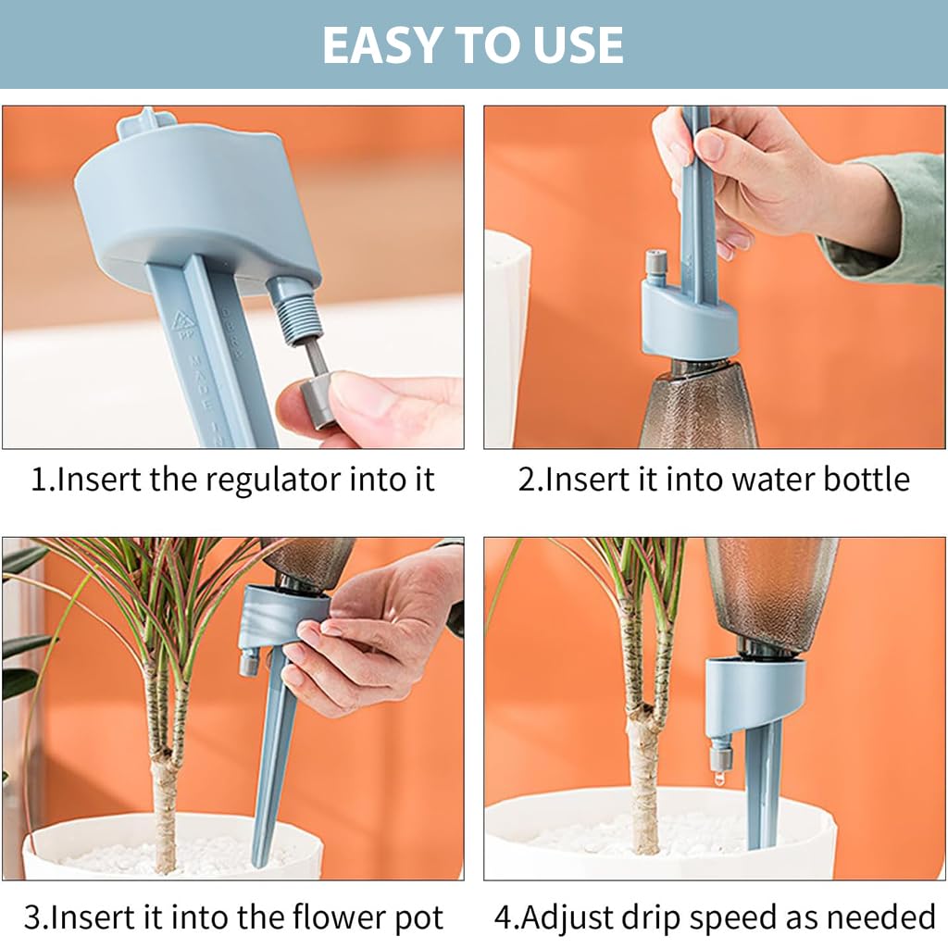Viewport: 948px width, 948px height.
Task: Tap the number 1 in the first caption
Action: pyautogui.click(x=38, y=480)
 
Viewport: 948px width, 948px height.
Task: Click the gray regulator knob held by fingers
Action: pyautogui.click(x=318, y=404)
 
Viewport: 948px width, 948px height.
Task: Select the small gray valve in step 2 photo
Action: pyautogui.click(x=655, y=264)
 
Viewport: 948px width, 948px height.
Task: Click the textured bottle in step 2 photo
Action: pyautogui.click(x=699, y=407)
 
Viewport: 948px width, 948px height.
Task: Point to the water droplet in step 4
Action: pyautogui.click(x=719, y=780)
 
